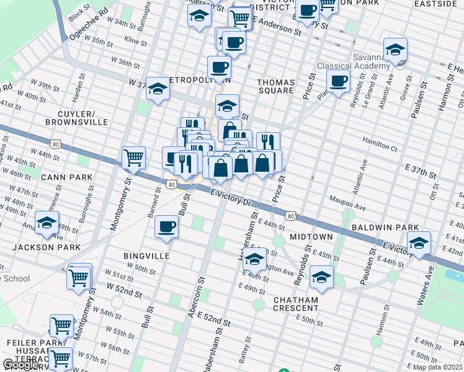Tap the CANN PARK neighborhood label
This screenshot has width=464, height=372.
pos(66,177)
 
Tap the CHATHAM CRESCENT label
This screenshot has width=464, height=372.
pos(296,304)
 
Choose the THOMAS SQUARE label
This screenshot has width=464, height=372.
pos(275,86)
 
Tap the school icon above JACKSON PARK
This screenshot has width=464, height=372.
pos(47,223)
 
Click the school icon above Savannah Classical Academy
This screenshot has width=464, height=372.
pos(395,50)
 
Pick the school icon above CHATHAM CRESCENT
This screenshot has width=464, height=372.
pos(321,277)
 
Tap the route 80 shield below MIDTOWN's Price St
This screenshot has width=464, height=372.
pos(290,215)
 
